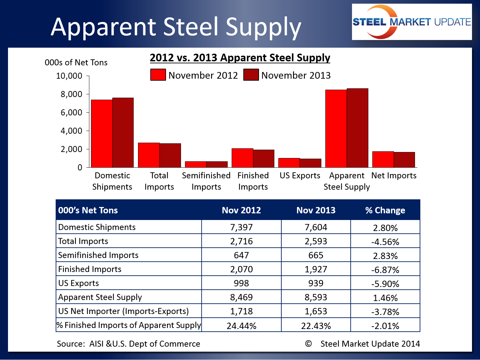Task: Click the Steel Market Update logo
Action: coord(412,22)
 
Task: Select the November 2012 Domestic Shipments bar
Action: coord(102,133)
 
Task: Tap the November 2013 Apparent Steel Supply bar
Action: coord(357,128)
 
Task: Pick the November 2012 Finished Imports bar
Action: coord(242,158)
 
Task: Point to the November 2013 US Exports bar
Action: coord(310,163)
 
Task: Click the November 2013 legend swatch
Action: coord(251,75)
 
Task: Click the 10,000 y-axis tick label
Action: coord(69,76)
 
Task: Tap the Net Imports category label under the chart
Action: coord(394,176)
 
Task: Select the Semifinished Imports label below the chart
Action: coord(206,181)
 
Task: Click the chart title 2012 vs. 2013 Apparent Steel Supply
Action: coord(240,58)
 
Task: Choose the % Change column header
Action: coord(385,210)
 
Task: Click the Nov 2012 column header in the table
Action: coord(241,210)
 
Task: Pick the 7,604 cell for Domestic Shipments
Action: coord(316,227)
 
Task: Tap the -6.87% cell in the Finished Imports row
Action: coord(385,270)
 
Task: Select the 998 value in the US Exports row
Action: coord(241,283)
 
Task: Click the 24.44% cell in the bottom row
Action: coord(241,326)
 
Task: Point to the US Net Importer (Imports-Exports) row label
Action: coord(123,311)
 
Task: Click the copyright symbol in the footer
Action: coord(308,344)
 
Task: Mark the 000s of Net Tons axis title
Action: coord(76,63)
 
